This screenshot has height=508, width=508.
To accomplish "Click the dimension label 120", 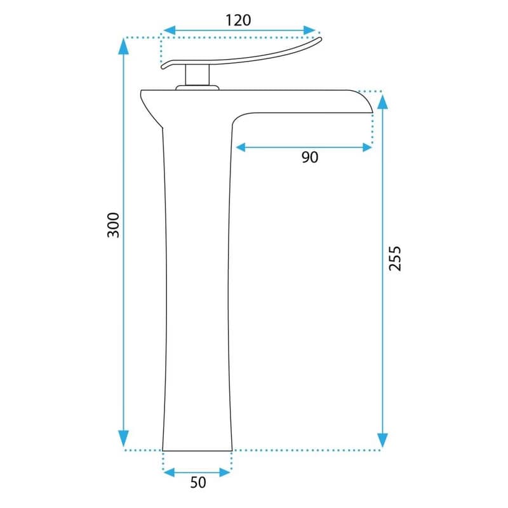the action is click(238, 20).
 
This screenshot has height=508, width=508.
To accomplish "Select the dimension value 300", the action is click(113, 225).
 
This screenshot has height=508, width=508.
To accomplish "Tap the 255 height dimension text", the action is click(395, 258).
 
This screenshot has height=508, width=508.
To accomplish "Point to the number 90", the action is click(310, 157).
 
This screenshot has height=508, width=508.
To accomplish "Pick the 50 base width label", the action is click(198, 483).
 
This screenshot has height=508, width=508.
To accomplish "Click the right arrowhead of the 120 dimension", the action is click(309, 30).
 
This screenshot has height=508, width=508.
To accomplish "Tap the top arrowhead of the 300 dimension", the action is click(123, 46).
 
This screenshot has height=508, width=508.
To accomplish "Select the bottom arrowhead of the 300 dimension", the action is click(123, 439).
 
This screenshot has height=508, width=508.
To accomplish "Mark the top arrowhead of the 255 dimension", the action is click(383, 102).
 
